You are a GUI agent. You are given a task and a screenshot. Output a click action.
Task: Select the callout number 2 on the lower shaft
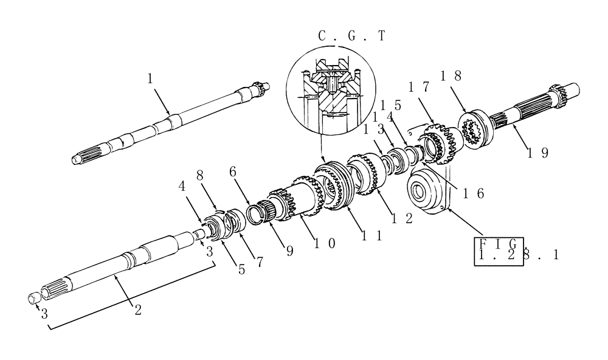click(x=139, y=309)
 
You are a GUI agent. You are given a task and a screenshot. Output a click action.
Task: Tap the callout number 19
click(x=538, y=153)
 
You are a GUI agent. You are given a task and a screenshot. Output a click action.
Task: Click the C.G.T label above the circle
click(x=351, y=36)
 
